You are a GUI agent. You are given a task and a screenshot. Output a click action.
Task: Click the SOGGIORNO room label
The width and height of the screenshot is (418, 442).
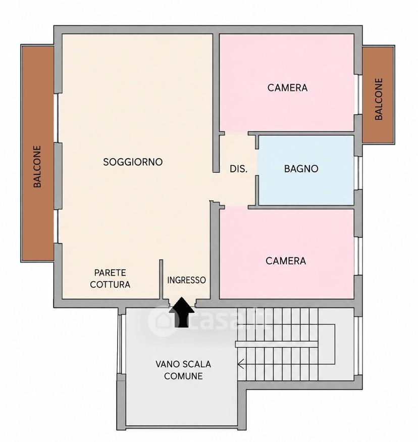(x=133, y=162)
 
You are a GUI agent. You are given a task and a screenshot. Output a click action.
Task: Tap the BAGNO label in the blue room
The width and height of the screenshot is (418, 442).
(x=301, y=169)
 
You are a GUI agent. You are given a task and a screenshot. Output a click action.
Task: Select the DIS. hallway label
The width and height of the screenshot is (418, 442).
(x=239, y=169)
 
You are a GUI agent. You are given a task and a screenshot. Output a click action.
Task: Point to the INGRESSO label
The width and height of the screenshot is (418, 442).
(x=186, y=280)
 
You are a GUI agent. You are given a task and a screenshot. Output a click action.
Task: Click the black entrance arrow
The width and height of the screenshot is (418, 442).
(x=182, y=312)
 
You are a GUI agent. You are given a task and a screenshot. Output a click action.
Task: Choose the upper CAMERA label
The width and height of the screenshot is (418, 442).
(x=287, y=88)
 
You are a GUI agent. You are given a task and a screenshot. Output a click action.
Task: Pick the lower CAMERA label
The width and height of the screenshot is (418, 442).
(x=286, y=261)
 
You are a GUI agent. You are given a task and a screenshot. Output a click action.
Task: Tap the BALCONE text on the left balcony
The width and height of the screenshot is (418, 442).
(x=37, y=166)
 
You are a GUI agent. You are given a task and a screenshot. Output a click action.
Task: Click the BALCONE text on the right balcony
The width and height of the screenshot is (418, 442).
(x=379, y=99)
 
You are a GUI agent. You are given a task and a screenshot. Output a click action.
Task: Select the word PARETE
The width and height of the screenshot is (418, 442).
(x=110, y=273)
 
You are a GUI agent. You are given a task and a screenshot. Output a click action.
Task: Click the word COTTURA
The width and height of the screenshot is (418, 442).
(x=110, y=284)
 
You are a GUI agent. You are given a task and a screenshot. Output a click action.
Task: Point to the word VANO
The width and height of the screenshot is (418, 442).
(x=167, y=364)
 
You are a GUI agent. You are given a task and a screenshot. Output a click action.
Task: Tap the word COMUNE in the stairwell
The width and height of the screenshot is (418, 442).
(x=183, y=376)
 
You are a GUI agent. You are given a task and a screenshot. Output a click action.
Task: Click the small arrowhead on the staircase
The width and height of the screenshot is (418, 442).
(x=240, y=364)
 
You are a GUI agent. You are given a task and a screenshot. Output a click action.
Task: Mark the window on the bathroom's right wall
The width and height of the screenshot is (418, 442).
(x=358, y=173)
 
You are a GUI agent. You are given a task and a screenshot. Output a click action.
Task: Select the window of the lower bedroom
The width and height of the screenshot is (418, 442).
(x=358, y=256)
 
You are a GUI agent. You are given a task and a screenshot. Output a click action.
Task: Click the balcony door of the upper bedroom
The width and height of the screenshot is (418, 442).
(x=358, y=94)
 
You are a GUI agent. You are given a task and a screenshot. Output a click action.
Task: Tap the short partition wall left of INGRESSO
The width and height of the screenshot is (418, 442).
(x=161, y=279)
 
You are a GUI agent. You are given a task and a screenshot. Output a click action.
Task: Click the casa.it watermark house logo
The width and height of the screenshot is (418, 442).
(x=162, y=321)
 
